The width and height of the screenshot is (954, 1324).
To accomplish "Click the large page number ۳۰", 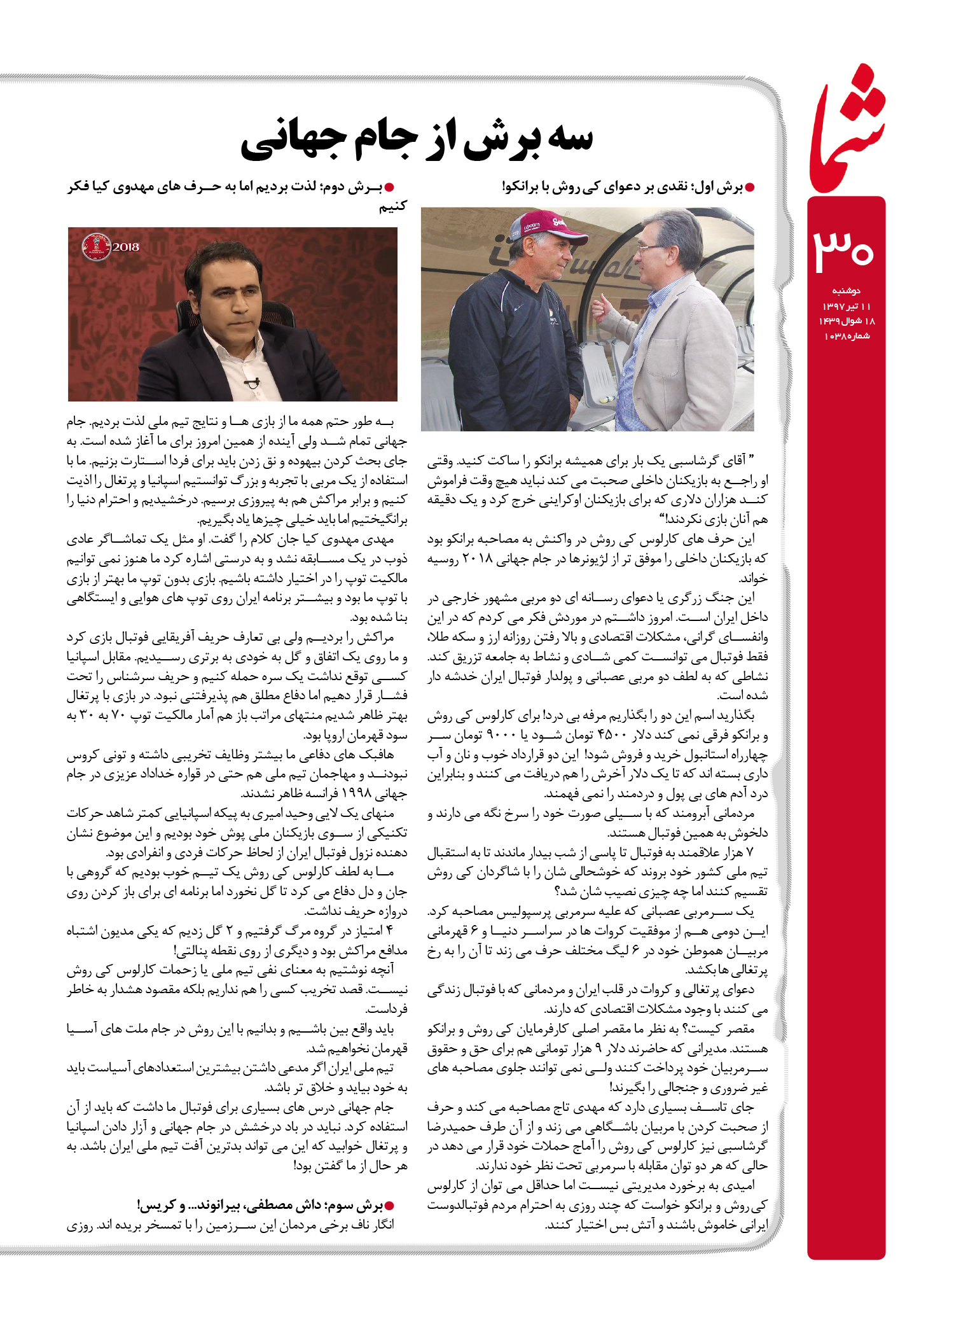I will (845, 249).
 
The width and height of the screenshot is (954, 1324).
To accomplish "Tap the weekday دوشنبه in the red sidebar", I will (847, 291).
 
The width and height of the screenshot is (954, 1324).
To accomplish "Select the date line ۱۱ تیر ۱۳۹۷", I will (847, 306).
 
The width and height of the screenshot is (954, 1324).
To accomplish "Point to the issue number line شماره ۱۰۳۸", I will (847, 336).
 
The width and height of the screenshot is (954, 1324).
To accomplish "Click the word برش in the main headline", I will (502, 139).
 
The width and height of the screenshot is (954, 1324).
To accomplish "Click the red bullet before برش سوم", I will (391, 1205).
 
